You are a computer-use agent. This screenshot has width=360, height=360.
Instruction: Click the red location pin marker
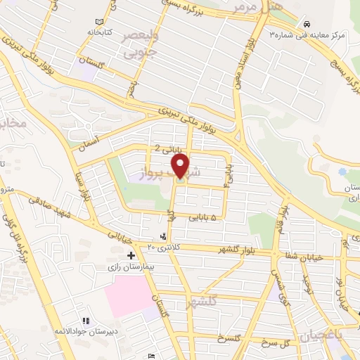pyautogui.click(x=181, y=167)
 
